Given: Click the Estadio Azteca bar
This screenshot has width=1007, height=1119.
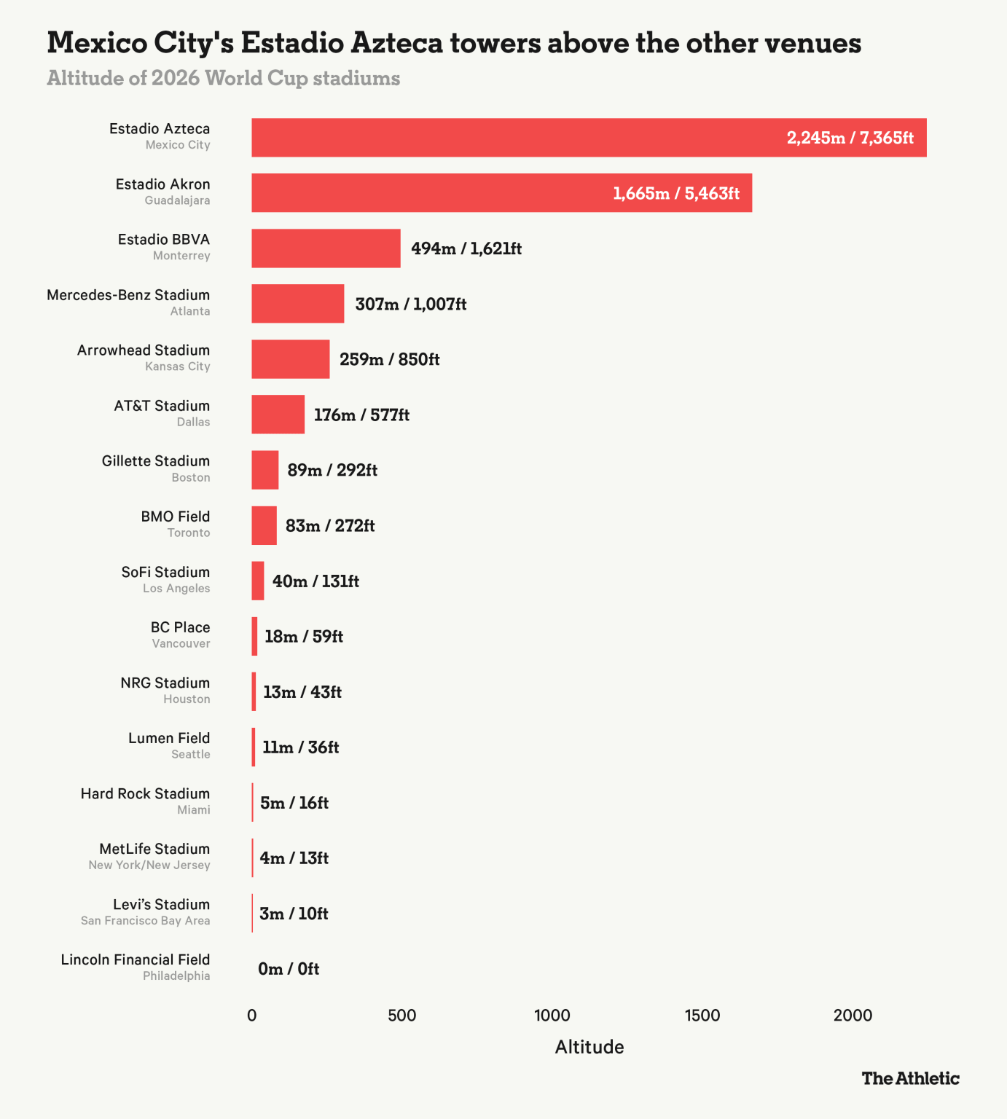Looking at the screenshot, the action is click(x=589, y=138).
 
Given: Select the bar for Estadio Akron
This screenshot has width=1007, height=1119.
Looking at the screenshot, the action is click(x=501, y=193).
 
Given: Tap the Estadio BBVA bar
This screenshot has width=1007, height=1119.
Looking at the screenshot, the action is click(x=326, y=248).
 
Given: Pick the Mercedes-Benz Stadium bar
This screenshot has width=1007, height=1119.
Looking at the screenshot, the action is click(x=297, y=304).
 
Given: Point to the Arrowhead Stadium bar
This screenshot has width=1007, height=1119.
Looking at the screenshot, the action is click(x=290, y=359).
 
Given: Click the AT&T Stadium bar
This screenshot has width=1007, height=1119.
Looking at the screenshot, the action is click(x=278, y=415).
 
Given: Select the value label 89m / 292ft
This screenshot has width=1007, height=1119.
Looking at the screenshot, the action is click(x=332, y=470).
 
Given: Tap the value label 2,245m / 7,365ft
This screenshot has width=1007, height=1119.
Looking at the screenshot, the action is click(x=850, y=138).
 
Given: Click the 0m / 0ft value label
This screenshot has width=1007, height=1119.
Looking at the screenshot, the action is click(x=289, y=969).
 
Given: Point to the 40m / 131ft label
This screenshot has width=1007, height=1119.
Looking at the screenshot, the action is click(x=316, y=581).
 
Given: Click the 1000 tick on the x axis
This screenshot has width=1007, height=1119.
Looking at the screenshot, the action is click(x=552, y=1016).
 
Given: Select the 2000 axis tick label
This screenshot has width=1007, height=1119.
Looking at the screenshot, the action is click(x=853, y=1016).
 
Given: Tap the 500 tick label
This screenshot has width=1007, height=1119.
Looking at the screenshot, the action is click(x=401, y=1016).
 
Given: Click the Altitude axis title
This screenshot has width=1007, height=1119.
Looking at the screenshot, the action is click(x=589, y=1047).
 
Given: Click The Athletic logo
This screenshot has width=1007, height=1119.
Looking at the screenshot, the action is click(x=910, y=1078).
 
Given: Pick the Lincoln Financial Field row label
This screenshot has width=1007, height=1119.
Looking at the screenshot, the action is click(x=136, y=959).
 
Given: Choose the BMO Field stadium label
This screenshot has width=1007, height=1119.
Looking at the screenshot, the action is click(x=176, y=517).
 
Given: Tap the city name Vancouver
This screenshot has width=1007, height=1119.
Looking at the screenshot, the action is click(x=181, y=643).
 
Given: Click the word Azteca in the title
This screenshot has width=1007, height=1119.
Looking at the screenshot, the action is click(x=397, y=43).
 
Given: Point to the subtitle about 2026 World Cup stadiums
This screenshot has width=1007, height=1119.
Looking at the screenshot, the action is click(x=223, y=78).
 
